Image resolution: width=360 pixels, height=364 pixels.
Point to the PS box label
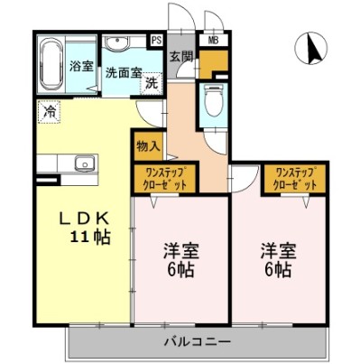[x=156, y=40]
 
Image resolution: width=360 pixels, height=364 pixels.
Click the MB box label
[x=213, y=41]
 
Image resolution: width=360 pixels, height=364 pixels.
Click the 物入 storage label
[x=149, y=145]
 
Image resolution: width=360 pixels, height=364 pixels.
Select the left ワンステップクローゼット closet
[x=161, y=177]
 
